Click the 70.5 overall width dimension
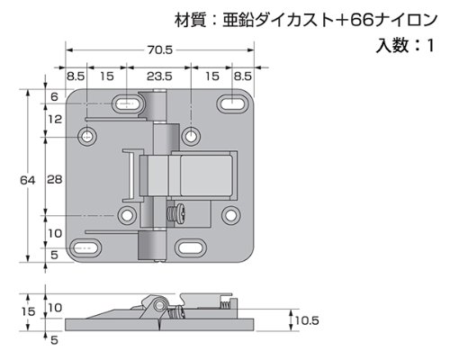pyautogui.click(x=159, y=49)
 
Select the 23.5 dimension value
pyautogui.click(x=159, y=76)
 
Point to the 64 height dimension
pyautogui.click(x=28, y=180)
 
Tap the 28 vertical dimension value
pyautogui.click(x=55, y=179)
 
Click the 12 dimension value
pyautogui.click(x=54, y=120)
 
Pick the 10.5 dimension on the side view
pyautogui.click(x=307, y=320)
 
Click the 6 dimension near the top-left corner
pyautogui.click(x=54, y=96)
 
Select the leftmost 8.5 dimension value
pyautogui.click(x=76, y=76)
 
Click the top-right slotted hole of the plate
pyautogui.click(x=232, y=103)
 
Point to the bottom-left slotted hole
pyautogui.click(x=85, y=248)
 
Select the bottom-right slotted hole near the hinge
pyautogui.click(x=191, y=248)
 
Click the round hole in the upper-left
pyautogui.click(x=87, y=137)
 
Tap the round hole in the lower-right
pyautogui.click(x=231, y=215)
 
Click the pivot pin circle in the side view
pyautogui.click(x=159, y=305)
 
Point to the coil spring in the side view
pyautogui.click(x=224, y=306)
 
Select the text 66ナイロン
pyautogui.click(x=393, y=21)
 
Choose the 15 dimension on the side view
pyautogui.click(x=29, y=311)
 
